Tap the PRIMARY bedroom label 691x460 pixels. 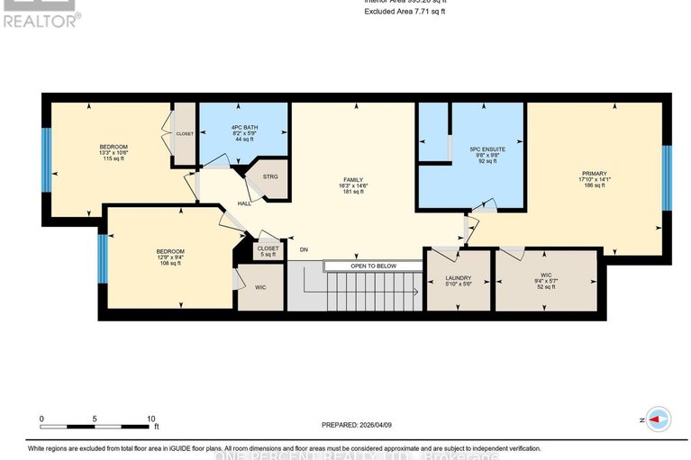594,173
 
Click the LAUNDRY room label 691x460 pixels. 459,278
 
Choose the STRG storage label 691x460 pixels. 270,176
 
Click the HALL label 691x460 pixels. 243,203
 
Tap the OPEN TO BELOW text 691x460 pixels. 373,266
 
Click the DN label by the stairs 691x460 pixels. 304,251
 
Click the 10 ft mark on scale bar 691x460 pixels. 151,419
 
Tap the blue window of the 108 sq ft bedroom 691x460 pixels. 103,257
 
